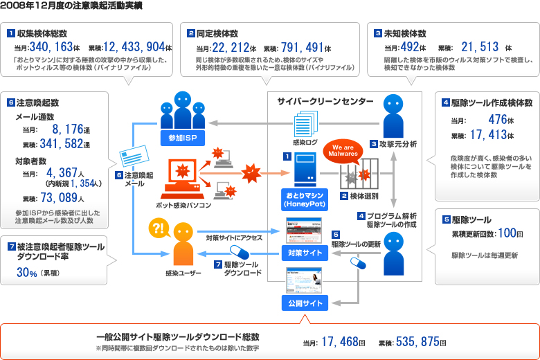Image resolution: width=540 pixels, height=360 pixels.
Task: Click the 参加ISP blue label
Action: (x=181, y=137)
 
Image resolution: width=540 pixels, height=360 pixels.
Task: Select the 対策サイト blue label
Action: (x=303, y=253)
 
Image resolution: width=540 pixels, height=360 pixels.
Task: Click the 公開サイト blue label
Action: (x=303, y=303)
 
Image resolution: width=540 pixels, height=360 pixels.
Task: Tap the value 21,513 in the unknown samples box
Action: (x=480, y=47)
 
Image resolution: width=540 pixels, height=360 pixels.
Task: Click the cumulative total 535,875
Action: (x=417, y=341)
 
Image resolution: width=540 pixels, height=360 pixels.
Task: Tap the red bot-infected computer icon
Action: (x=180, y=179)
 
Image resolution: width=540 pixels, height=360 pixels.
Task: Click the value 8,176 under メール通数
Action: (x=68, y=129)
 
